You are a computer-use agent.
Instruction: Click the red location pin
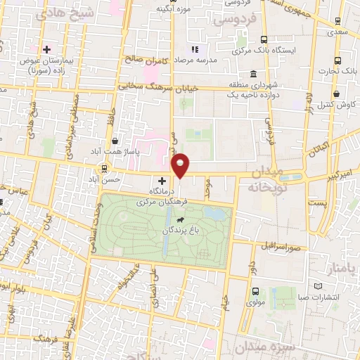coord(181,165)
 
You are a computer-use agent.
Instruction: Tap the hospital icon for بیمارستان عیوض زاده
coord(47,49)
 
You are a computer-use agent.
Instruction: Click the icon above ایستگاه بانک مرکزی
coord(264,39)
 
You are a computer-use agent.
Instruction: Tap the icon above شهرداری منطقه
coord(252,74)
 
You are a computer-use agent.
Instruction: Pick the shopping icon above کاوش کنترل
coord(337,93)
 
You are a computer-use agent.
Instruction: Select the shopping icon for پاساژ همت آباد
coord(115,141)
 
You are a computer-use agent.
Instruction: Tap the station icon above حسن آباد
coord(105,168)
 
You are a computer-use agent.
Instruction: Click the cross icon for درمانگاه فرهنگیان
coord(162,181)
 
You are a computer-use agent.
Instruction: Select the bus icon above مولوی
coord(255,291)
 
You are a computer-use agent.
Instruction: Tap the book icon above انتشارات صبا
coord(318,286)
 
